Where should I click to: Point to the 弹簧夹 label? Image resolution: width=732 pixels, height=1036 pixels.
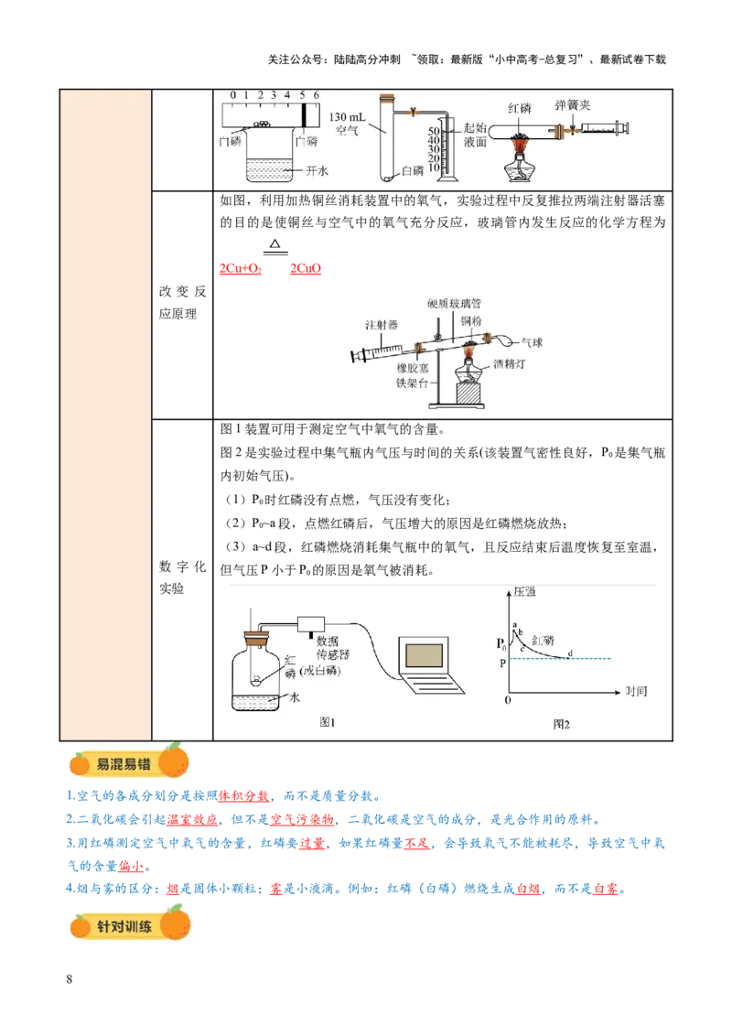point(573,106)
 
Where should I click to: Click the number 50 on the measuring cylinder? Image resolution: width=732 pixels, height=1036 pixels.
point(436,132)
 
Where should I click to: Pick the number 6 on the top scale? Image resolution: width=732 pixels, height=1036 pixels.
point(317,95)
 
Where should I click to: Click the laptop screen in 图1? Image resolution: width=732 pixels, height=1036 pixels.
point(425,654)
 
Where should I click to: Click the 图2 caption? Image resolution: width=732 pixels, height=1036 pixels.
point(562,723)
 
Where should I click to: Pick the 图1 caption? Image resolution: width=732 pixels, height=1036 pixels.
point(328,722)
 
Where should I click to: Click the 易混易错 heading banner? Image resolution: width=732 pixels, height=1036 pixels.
point(128,763)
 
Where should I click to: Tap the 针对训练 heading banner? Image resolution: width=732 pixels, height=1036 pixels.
point(128,923)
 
